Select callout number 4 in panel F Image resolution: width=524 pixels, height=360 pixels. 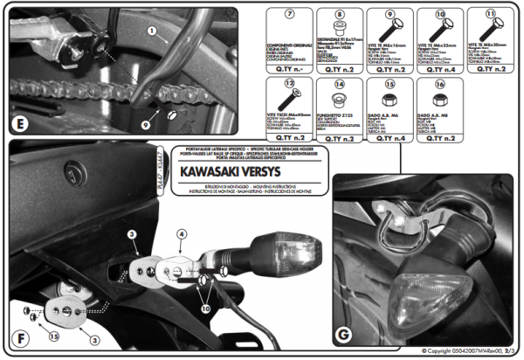point(181,234)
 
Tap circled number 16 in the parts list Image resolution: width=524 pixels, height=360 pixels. point(439,86)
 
